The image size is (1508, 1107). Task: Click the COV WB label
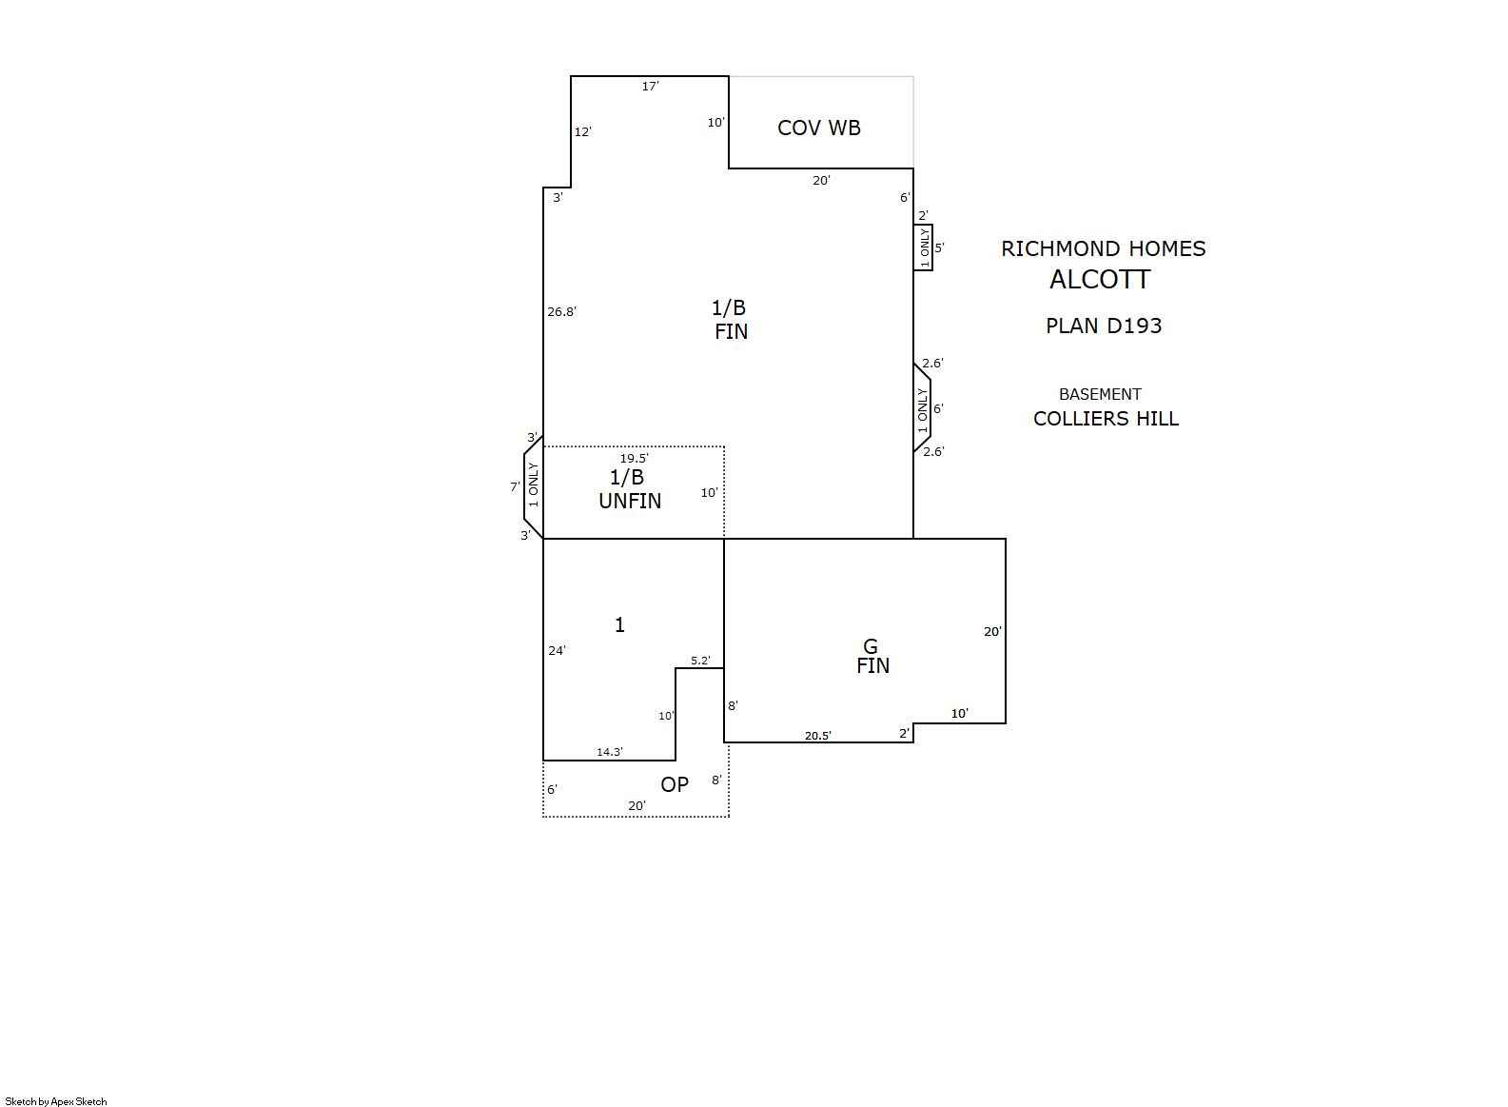point(818,128)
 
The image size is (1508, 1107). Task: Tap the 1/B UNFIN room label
point(630,489)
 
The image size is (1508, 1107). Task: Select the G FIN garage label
point(872,656)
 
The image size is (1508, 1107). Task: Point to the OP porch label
point(674,784)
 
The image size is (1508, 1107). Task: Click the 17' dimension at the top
point(650,87)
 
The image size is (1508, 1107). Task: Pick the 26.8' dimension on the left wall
point(561,312)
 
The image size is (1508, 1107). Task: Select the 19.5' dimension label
point(634,459)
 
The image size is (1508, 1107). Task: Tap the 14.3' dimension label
point(609,752)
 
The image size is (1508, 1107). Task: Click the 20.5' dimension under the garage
point(818,736)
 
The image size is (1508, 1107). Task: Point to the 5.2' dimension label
point(700,661)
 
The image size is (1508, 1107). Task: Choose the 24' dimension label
point(557,650)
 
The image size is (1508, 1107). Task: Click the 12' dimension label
point(582,132)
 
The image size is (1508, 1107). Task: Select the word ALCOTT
point(1100,280)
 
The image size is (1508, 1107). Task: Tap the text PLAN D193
point(1104,326)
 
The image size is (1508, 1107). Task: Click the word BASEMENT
point(1100,394)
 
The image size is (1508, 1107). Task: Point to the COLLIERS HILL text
point(1106,419)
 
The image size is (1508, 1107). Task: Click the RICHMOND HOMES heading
point(1103,249)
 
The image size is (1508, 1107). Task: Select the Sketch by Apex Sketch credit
point(56,1101)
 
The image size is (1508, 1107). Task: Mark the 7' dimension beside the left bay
point(515,486)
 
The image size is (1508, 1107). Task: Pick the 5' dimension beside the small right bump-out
point(939,247)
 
